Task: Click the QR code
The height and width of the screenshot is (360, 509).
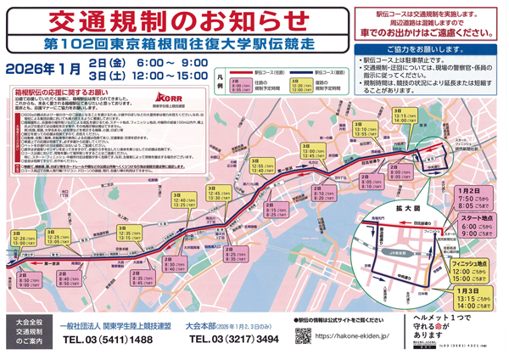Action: click(x=302, y=336)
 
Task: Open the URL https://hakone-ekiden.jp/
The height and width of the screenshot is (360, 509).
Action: click(x=352, y=336)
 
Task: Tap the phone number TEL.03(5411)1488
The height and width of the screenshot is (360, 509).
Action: click(x=108, y=340)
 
